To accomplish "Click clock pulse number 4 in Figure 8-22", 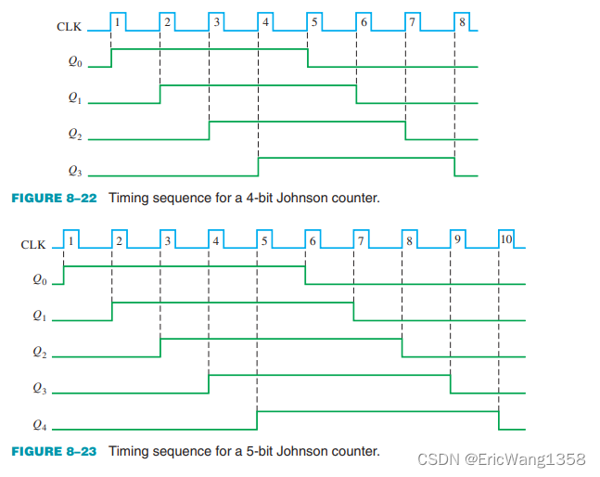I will click(x=265, y=19).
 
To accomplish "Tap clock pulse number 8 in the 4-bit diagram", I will click(x=462, y=19).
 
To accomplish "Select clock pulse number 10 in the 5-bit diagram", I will click(x=505, y=238).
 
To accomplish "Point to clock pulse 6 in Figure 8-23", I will click(x=313, y=238).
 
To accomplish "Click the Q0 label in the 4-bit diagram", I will click(x=76, y=65).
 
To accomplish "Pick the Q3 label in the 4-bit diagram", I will click(x=76, y=172).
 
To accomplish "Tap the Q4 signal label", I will click(x=38, y=426).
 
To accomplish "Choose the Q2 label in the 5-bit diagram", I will click(x=38, y=353).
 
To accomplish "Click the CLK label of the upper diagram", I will click(x=68, y=26).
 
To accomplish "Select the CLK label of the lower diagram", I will click(x=33, y=245).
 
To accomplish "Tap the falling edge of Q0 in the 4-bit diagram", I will click(x=308, y=58).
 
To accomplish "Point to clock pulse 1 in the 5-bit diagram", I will click(x=70, y=238).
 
